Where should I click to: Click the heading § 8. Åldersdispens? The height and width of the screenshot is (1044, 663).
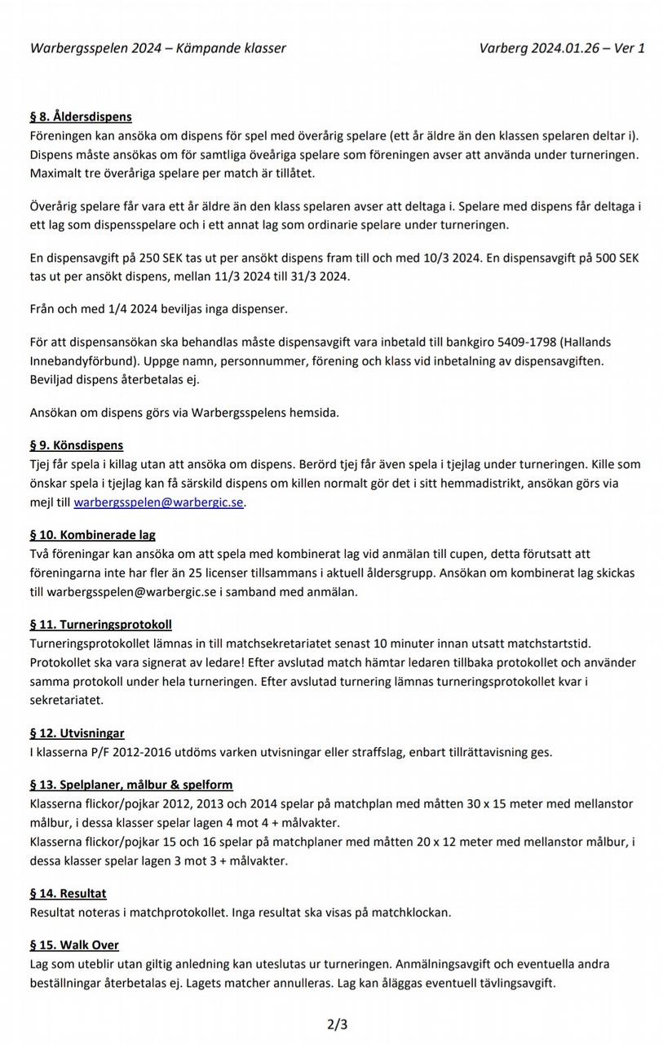[81, 117]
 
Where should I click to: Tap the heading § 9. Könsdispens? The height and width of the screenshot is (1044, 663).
[77, 445]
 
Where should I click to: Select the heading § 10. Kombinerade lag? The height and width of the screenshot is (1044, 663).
[92, 535]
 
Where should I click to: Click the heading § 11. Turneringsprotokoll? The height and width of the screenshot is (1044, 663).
[100, 625]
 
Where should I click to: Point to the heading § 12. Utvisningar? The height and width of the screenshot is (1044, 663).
[77, 733]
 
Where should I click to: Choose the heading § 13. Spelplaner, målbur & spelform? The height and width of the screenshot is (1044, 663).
[131, 785]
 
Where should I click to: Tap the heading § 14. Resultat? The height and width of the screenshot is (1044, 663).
[68, 893]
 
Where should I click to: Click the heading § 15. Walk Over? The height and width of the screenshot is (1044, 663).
[74, 944]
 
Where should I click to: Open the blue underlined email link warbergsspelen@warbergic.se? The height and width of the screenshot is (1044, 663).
[159, 502]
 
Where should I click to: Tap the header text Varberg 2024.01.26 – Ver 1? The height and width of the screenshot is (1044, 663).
[563, 48]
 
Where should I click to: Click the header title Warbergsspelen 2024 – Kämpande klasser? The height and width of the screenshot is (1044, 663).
[158, 48]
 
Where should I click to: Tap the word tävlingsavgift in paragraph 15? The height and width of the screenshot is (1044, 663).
[513, 983]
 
